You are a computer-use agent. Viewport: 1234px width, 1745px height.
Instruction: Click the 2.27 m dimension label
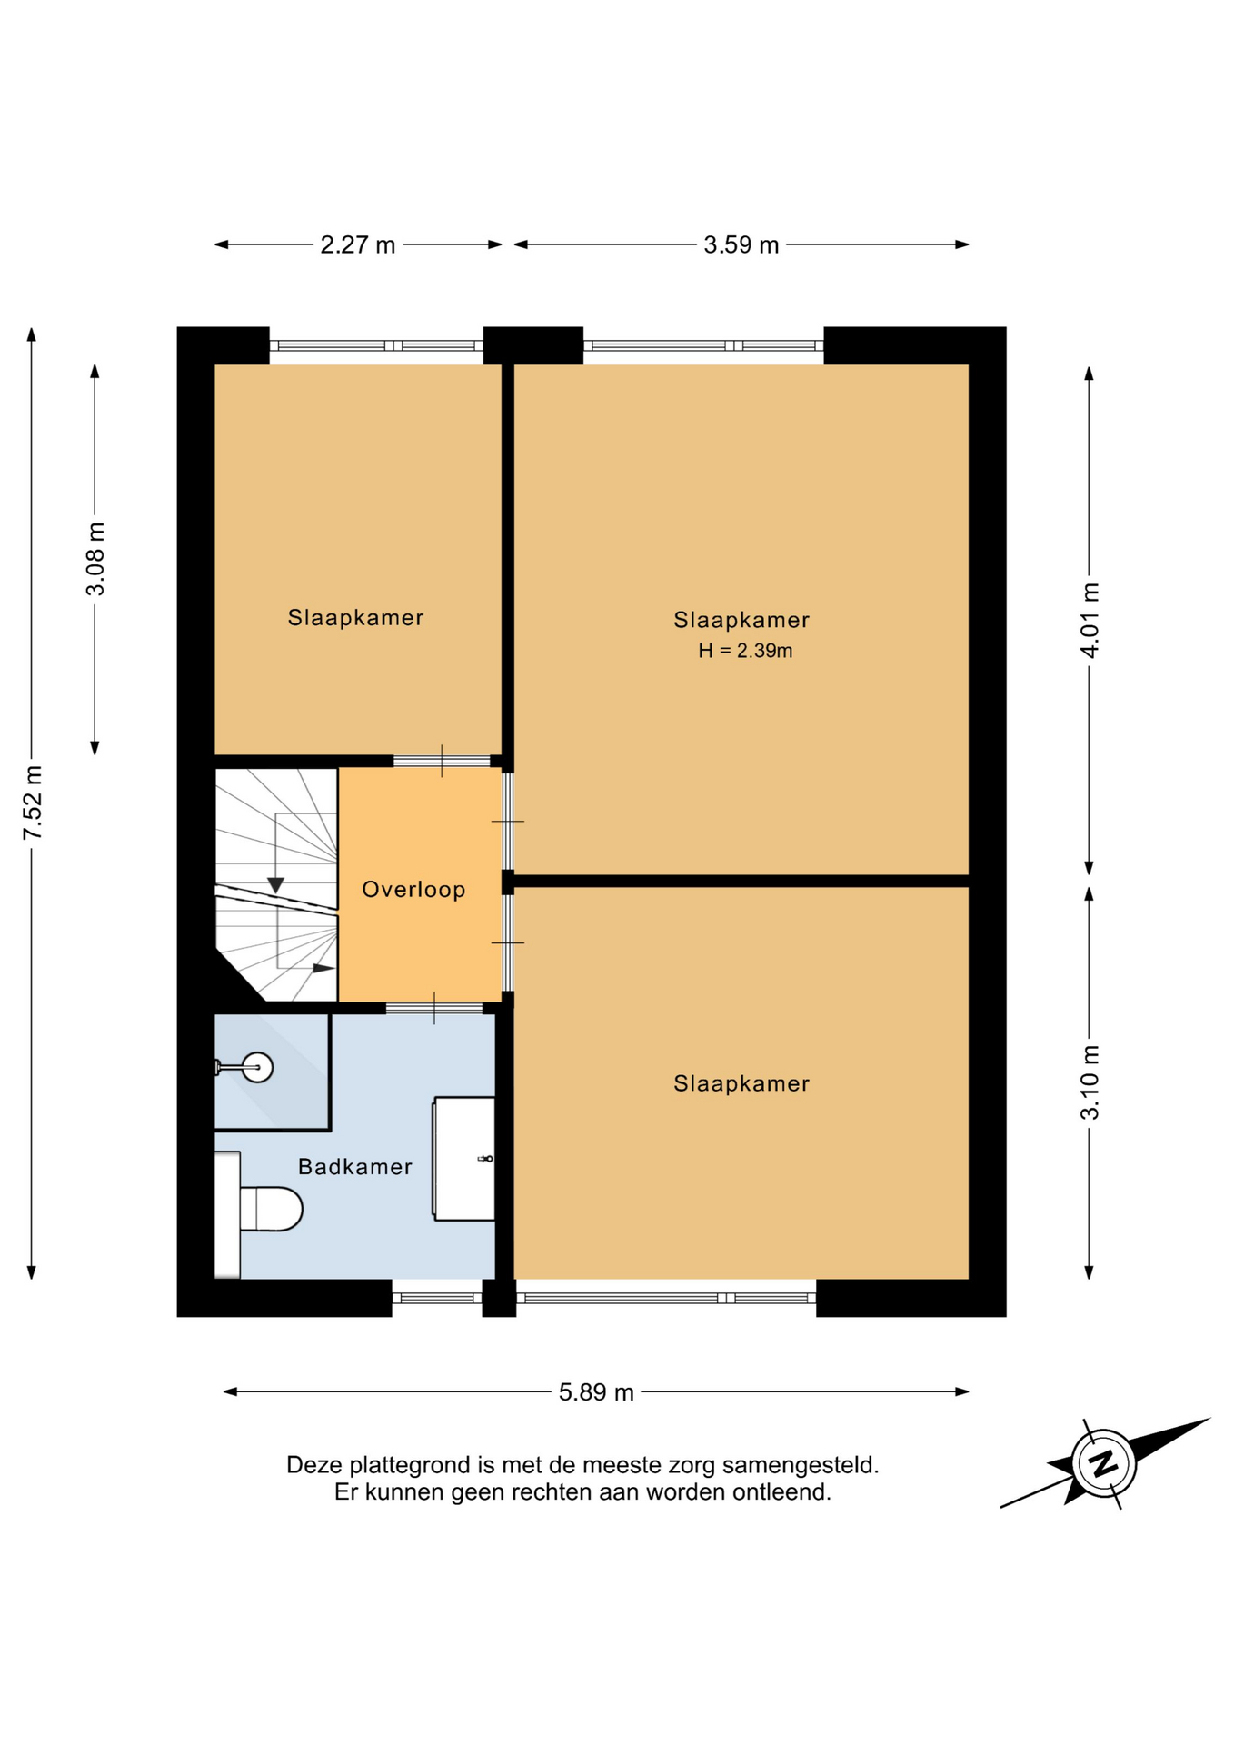(357, 245)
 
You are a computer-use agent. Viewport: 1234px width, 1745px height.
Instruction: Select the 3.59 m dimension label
(741, 245)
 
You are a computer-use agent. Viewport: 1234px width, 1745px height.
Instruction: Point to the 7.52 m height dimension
(33, 803)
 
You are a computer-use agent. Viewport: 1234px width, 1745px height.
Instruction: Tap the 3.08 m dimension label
(95, 559)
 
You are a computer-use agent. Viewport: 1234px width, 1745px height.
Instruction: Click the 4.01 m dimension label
(1090, 620)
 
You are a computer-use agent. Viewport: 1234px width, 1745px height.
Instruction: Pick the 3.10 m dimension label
(1090, 1082)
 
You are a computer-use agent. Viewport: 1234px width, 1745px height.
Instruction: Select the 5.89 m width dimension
(596, 1392)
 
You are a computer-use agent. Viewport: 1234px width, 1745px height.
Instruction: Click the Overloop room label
(413, 889)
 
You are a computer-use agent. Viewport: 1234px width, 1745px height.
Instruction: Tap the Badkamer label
(355, 1166)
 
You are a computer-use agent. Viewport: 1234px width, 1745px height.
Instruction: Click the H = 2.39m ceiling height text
(745, 651)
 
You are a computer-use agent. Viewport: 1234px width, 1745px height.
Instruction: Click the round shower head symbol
(258, 1067)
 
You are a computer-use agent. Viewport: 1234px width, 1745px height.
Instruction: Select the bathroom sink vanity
(464, 1158)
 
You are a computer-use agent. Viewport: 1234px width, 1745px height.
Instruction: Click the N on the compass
(1103, 1463)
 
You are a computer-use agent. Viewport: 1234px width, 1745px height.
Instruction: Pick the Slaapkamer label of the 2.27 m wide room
(355, 618)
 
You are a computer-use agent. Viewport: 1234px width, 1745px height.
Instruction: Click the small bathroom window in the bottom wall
(437, 1298)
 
